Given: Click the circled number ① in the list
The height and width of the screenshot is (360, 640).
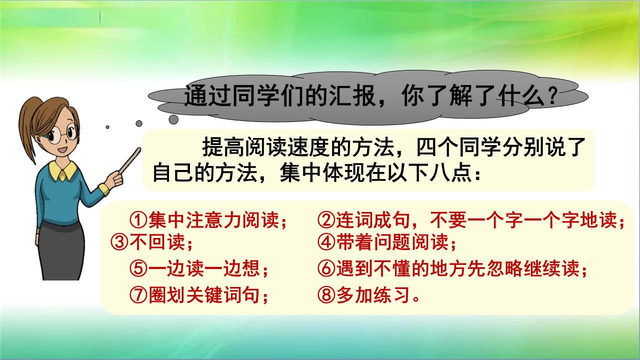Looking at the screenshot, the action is pos(138,220).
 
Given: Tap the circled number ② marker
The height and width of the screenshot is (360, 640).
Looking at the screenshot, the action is pos(326,220).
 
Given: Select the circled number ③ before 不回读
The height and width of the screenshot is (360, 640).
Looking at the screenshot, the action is pos(119,242).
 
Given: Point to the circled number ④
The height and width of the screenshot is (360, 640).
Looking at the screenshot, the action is pos(326,242).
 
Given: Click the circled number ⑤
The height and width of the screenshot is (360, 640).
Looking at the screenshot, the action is pos(138,268).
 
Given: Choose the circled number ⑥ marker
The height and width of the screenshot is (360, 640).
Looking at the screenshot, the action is pos(326,268).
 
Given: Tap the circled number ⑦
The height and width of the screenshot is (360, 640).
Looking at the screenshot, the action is pos(138,295).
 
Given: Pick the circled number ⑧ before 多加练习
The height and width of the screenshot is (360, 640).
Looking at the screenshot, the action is pos(326,295).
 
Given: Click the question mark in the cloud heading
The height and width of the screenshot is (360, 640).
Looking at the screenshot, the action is pos(551,96).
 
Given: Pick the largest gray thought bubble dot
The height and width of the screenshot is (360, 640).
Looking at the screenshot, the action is pos(173,119).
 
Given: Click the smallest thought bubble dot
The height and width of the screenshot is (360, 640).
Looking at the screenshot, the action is pos(107,127).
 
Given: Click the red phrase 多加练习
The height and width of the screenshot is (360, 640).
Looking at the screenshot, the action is pos(373,295).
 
